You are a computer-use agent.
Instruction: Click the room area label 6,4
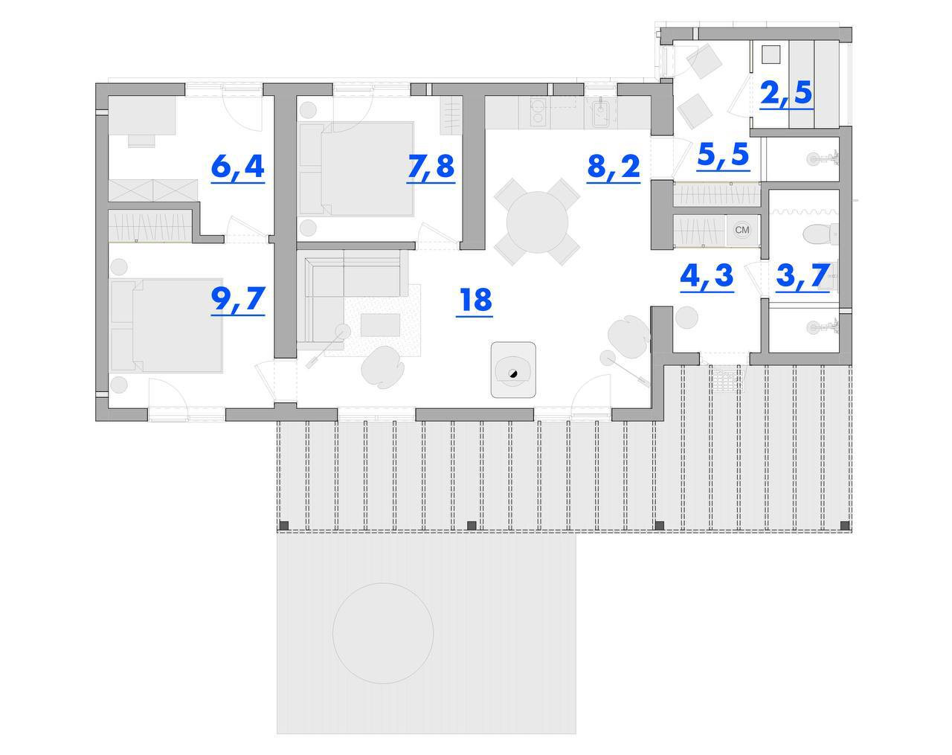[237, 166]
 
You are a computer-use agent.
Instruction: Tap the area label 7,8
[431, 166]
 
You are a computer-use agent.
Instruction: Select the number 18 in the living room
[475, 300]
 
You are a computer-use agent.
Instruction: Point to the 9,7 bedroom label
[237, 298]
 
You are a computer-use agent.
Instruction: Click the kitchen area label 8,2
[613, 167]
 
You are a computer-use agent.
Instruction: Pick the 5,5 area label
[723, 155]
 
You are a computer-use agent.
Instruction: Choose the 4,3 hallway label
[707, 276]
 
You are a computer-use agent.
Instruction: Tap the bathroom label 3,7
[803, 276]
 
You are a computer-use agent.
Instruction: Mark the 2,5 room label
[786, 93]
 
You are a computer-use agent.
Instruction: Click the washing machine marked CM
[742, 230]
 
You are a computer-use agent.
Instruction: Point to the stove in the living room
[512, 370]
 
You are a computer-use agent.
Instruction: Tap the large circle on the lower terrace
[382, 633]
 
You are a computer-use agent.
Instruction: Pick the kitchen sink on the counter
[601, 112]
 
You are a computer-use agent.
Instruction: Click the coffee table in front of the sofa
[380, 324]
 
